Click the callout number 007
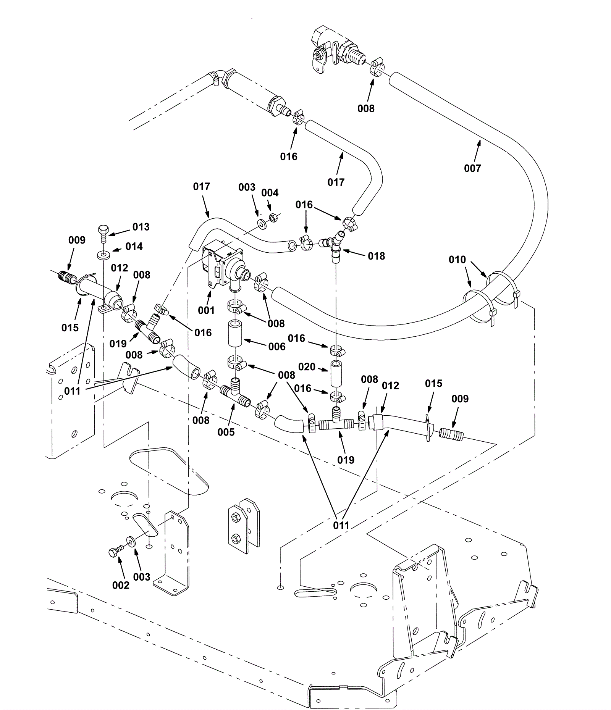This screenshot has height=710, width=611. (x=472, y=168)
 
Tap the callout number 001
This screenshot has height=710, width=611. (x=206, y=310)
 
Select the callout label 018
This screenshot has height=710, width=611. (x=377, y=256)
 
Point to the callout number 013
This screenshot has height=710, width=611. (x=141, y=227)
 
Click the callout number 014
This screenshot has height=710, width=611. (x=134, y=247)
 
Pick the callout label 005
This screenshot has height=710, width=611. (x=226, y=432)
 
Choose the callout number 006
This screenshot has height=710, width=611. (x=277, y=346)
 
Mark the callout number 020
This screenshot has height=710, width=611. (x=307, y=367)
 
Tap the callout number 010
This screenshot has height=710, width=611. (x=457, y=260)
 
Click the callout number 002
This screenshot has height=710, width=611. (x=121, y=585)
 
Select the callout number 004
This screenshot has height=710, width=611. (x=270, y=193)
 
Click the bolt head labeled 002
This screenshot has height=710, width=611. (x=113, y=552)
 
